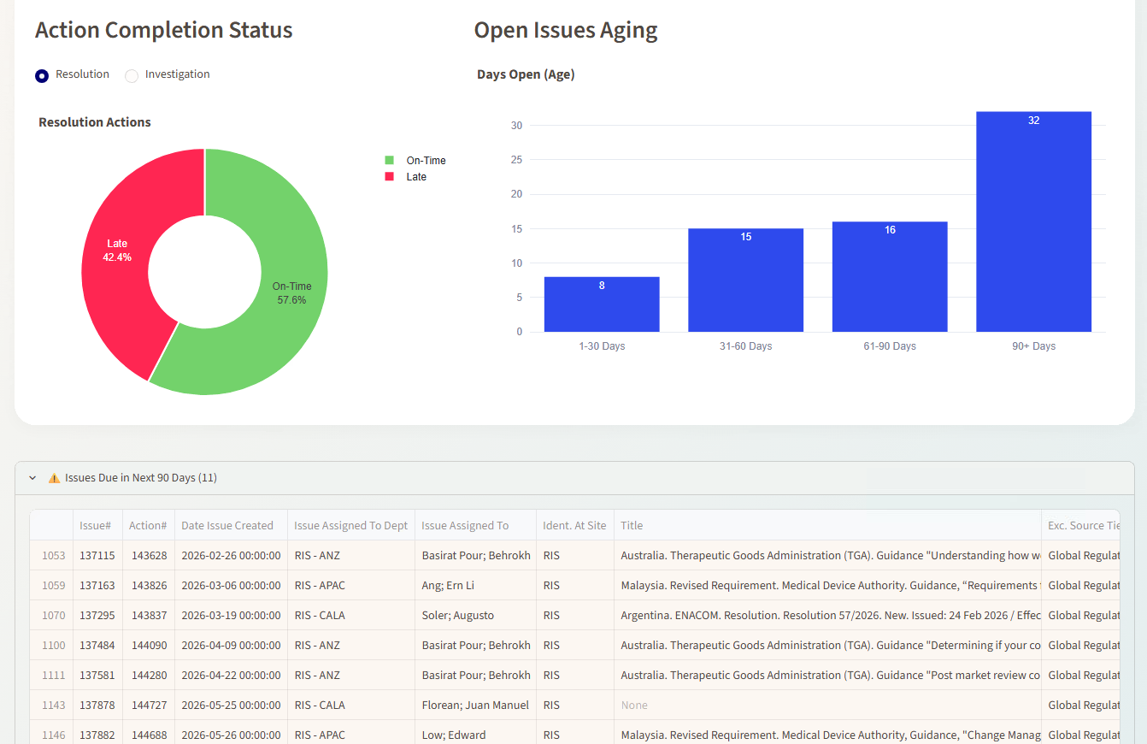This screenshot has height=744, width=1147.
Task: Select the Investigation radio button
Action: coord(132,75)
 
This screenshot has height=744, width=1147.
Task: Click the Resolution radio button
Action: coord(42,75)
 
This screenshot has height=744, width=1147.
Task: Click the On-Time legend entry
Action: coord(415,161)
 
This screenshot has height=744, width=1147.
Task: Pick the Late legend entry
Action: coord(405,177)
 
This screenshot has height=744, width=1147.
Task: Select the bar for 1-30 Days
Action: coord(602,304)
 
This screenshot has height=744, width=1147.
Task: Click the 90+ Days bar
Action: coord(1033,221)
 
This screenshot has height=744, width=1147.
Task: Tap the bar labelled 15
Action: coord(745,280)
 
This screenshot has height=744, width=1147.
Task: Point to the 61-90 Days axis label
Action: coord(890,346)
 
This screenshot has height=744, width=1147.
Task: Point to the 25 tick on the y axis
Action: coord(516,160)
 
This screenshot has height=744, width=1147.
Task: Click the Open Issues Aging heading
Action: coord(565,30)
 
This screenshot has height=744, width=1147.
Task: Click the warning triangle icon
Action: coord(54,478)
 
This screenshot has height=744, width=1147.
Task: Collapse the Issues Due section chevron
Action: coord(32,478)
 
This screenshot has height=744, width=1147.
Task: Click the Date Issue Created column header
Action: coord(227,525)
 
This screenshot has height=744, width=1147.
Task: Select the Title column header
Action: coord(632,525)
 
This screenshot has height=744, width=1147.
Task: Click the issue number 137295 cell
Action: coord(97,615)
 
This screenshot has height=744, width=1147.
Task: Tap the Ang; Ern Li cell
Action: coord(448,585)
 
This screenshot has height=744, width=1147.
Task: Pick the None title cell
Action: coord(634,705)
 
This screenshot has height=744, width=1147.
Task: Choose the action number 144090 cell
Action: coord(149,645)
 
